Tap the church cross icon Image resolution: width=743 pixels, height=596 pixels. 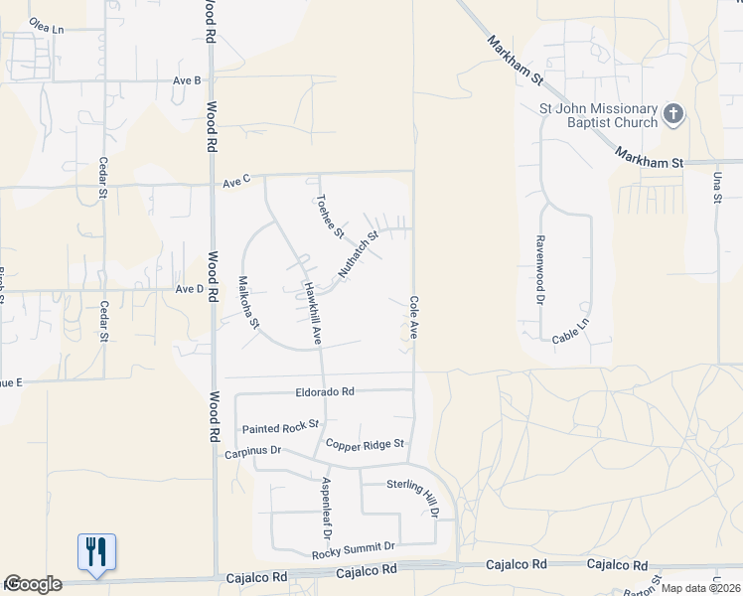[673, 114]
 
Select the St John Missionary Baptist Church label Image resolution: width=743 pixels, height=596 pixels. [611, 115]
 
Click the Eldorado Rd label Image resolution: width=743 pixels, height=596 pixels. [325, 391]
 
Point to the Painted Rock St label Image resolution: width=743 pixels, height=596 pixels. [280, 428]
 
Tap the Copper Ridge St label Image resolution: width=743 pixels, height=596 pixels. [367, 444]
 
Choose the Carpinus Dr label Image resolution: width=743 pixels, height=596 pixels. [253, 451]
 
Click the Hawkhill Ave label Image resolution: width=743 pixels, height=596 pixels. [312, 314]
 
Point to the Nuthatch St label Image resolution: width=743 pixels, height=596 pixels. [359, 254]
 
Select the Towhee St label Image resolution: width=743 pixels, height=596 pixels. [329, 216]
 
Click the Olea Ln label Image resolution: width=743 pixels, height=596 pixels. [46, 30]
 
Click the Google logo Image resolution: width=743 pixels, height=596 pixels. [34, 584]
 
